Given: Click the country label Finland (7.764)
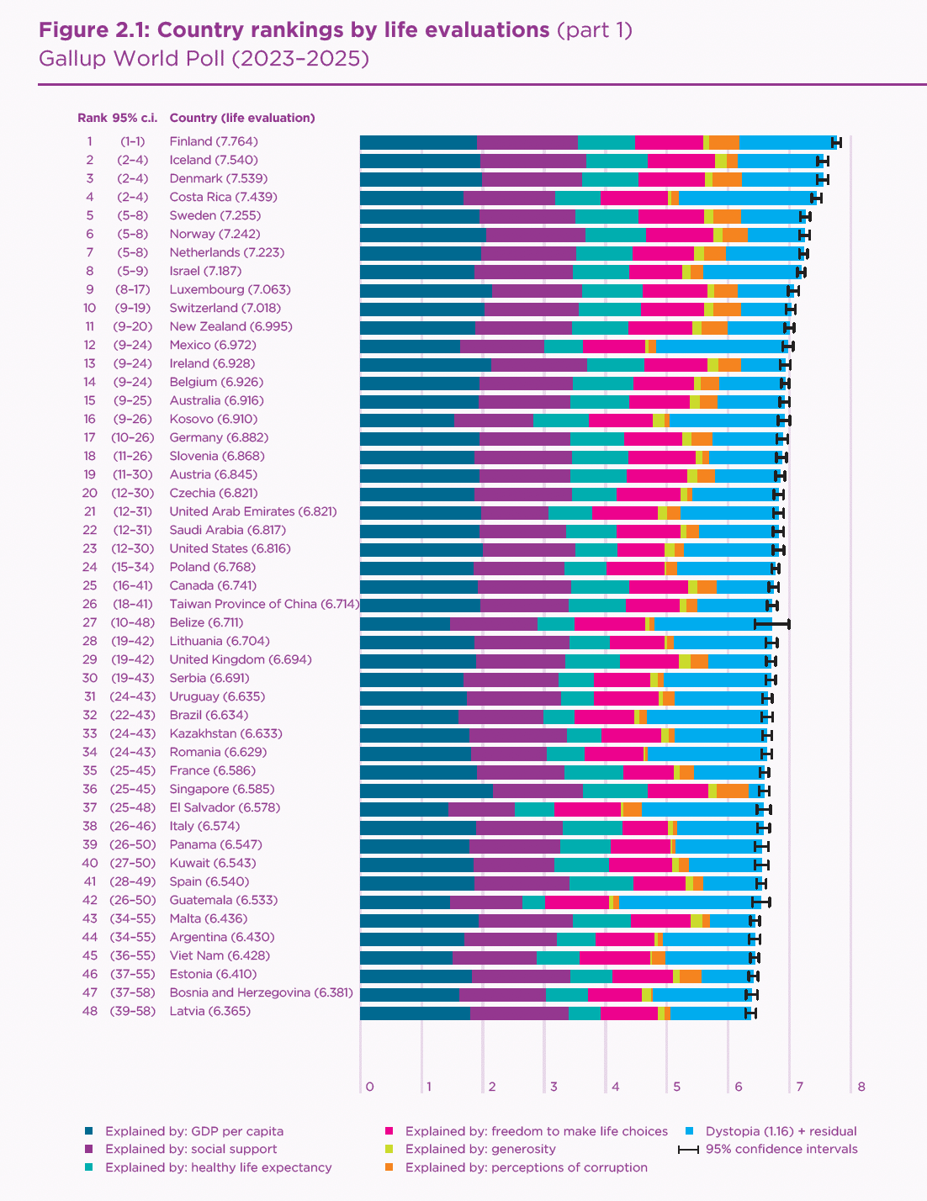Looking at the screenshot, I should coord(214,141).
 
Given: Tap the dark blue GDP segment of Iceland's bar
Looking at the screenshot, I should coord(420,160).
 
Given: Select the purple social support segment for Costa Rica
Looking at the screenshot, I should coord(509,198).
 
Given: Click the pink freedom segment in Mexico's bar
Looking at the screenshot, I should coord(614,346).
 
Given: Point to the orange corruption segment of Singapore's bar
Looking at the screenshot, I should coord(732,790).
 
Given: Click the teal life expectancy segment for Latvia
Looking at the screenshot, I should coord(584,1012).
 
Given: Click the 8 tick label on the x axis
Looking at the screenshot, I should coord(861,1087).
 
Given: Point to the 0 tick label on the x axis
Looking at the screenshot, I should coord(369,1087).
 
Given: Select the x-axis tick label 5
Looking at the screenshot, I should coord(676,1087).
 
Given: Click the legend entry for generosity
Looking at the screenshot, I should coord(480,1149).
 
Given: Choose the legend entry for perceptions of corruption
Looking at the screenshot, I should coord(526,1167).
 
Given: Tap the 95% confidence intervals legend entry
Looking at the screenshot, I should coord(781,1149).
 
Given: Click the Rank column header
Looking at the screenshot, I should coord(92,118).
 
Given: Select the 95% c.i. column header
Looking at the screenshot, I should coord(135,118).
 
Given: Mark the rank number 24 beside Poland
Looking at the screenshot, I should coord(89,567).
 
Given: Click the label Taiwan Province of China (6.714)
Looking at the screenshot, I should coord(264,604).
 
